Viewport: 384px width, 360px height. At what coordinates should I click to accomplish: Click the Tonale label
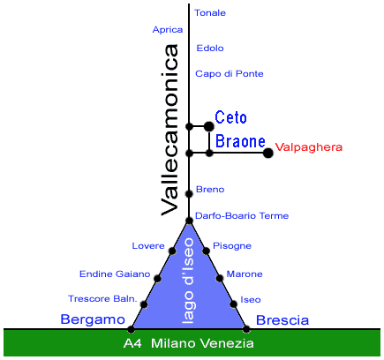(x=210, y=13)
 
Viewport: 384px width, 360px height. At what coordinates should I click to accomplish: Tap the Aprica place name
(x=168, y=30)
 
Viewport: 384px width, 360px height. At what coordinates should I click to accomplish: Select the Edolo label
(x=210, y=49)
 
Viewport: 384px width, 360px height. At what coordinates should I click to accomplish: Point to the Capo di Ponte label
(x=230, y=73)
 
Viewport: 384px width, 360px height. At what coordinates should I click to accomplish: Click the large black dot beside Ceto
(x=209, y=126)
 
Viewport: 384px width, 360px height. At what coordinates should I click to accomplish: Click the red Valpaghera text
(x=309, y=147)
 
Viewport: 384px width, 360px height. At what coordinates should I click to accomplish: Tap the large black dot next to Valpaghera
(x=267, y=153)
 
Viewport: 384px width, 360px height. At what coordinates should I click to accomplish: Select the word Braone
(x=240, y=141)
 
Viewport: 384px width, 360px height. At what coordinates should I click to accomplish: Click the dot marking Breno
(x=189, y=194)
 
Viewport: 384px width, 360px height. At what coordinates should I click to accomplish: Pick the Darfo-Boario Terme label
(x=242, y=216)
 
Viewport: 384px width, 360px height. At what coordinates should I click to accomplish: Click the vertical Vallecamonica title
(x=169, y=131)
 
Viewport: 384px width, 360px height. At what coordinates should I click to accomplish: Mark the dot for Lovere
(x=172, y=251)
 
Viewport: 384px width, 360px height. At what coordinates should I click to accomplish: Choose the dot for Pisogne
(x=207, y=251)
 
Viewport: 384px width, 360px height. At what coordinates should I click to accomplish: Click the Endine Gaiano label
(x=115, y=274)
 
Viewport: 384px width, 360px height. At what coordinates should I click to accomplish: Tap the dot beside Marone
(x=220, y=278)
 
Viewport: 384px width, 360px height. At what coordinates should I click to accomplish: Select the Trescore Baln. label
(x=102, y=299)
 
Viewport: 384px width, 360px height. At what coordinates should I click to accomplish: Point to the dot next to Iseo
(x=233, y=304)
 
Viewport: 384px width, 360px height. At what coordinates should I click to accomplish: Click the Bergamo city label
(x=93, y=319)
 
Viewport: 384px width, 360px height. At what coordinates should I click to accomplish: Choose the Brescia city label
(x=282, y=320)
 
